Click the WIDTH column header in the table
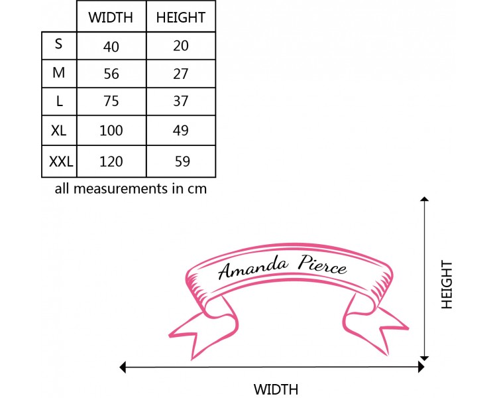[111, 17]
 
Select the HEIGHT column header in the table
[181, 17]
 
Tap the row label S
[59, 44]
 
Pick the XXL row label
[60, 160]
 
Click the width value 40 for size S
[111, 46]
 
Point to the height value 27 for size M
[181, 73]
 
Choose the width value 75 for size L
[111, 101]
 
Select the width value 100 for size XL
[111, 131]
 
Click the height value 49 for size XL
[181, 131]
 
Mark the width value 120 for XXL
[111, 160]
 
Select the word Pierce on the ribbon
[322, 265]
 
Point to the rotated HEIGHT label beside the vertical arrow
[447, 284]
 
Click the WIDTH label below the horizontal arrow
[276, 389]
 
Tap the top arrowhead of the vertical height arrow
[425, 198]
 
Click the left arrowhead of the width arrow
[123, 366]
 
